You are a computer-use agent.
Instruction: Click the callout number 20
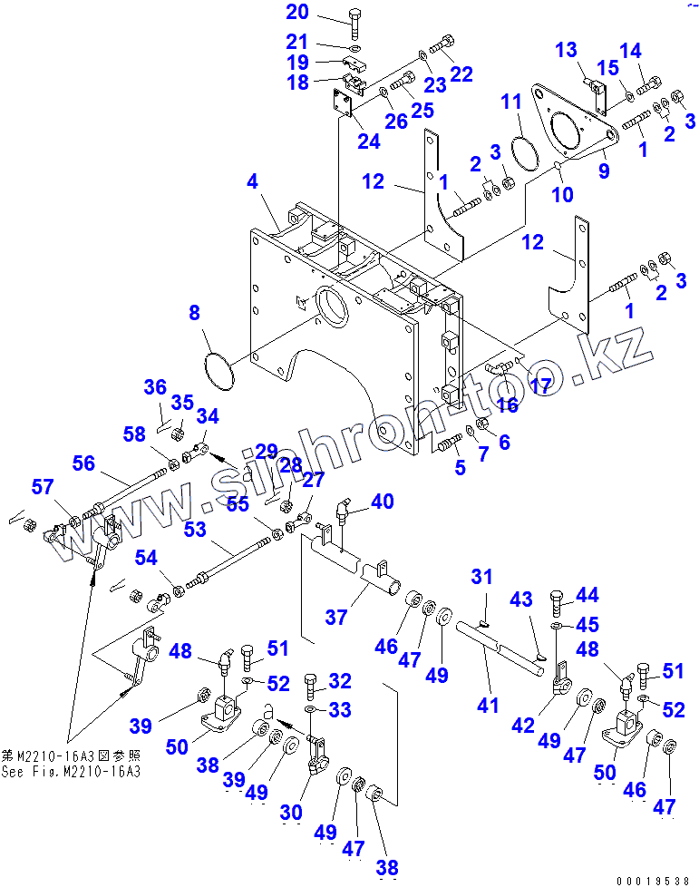(297, 13)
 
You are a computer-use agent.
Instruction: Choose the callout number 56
(84, 463)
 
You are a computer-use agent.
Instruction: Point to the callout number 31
(481, 577)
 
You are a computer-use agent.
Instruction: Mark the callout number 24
(369, 141)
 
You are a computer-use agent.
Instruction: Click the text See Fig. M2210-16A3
(71, 771)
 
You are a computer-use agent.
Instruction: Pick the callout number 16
(507, 405)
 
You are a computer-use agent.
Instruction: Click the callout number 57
(43, 488)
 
